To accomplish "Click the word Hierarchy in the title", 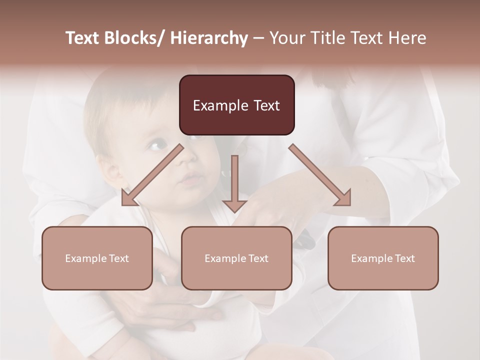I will pos(209,38).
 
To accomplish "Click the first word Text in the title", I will pos(83,38).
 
